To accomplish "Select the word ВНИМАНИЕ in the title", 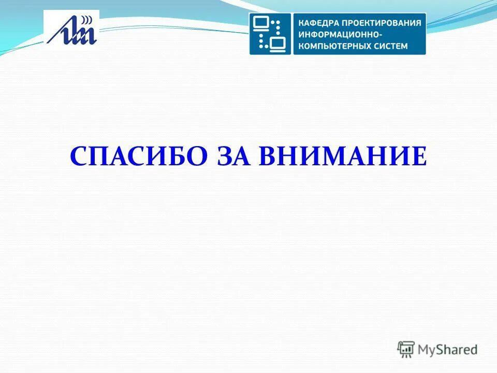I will pos(343,155).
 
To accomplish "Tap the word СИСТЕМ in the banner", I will pos(391,46).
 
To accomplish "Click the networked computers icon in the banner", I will pos(270,34).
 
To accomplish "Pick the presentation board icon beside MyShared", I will pos(406,349).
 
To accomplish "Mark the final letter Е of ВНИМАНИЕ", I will pos(420,155).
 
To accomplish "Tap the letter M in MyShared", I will pos(423,350).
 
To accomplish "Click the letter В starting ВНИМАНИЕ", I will pos(269,155).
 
